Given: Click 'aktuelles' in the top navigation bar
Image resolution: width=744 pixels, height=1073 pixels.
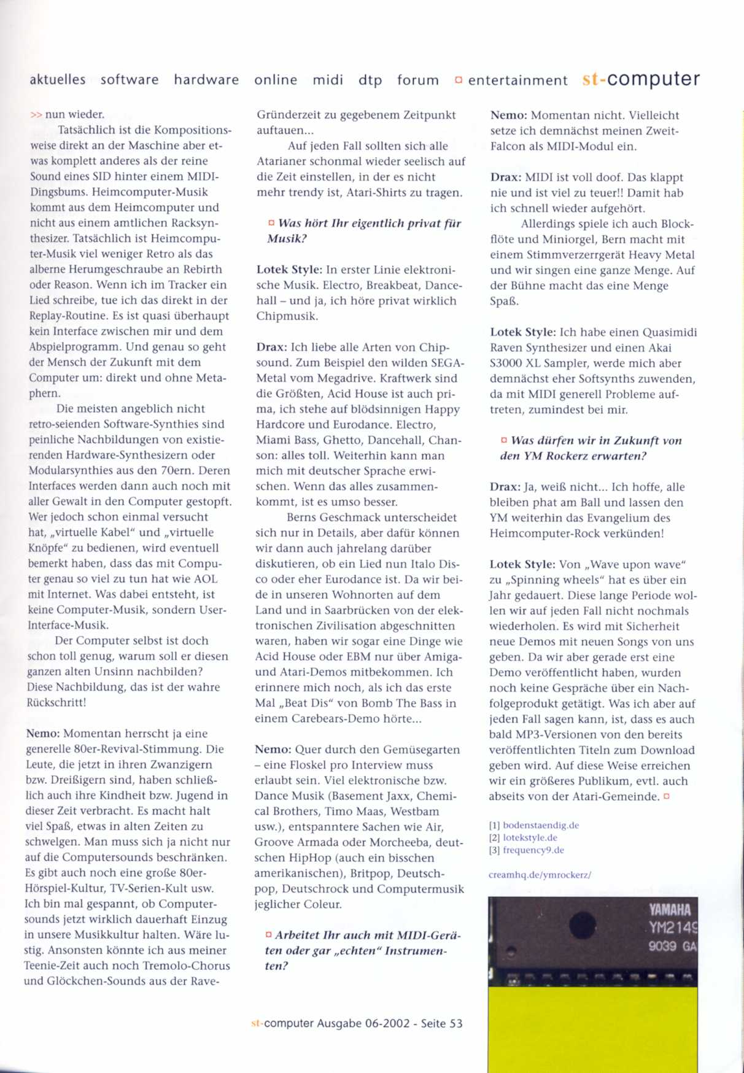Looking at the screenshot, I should point(58,80).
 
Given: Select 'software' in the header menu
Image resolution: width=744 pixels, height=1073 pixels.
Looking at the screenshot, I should point(130,80).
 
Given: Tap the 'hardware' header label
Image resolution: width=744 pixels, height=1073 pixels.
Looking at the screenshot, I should point(206,80).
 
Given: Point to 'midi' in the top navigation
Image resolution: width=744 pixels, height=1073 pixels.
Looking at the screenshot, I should point(328,80).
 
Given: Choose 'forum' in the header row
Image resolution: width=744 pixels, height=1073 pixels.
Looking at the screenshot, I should point(418,80).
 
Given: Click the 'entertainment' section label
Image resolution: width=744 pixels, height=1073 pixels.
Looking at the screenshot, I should point(517,80).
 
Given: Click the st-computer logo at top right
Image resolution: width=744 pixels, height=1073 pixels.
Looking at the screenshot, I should point(641,79).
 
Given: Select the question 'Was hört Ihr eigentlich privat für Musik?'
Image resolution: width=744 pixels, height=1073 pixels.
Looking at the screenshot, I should point(364,231).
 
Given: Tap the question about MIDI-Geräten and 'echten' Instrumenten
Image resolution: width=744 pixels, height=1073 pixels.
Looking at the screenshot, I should point(362,950).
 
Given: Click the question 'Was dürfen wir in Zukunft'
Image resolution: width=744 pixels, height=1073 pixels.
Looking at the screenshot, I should point(591,448).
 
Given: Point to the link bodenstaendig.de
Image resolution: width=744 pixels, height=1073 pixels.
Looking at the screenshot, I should point(541,825).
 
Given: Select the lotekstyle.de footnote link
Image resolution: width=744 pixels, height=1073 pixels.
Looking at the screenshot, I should point(530,837).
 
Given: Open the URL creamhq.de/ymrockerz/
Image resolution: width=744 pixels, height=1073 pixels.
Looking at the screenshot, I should point(540,875).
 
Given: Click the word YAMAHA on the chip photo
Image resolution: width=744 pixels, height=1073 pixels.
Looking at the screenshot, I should point(670,910).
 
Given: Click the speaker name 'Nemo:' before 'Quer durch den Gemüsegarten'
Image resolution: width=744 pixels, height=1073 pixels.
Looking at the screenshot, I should point(273,750).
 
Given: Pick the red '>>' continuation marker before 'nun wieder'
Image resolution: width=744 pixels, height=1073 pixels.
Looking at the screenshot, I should point(36,114).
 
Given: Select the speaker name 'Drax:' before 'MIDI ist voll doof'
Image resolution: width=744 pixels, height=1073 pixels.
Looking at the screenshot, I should point(506,177).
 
